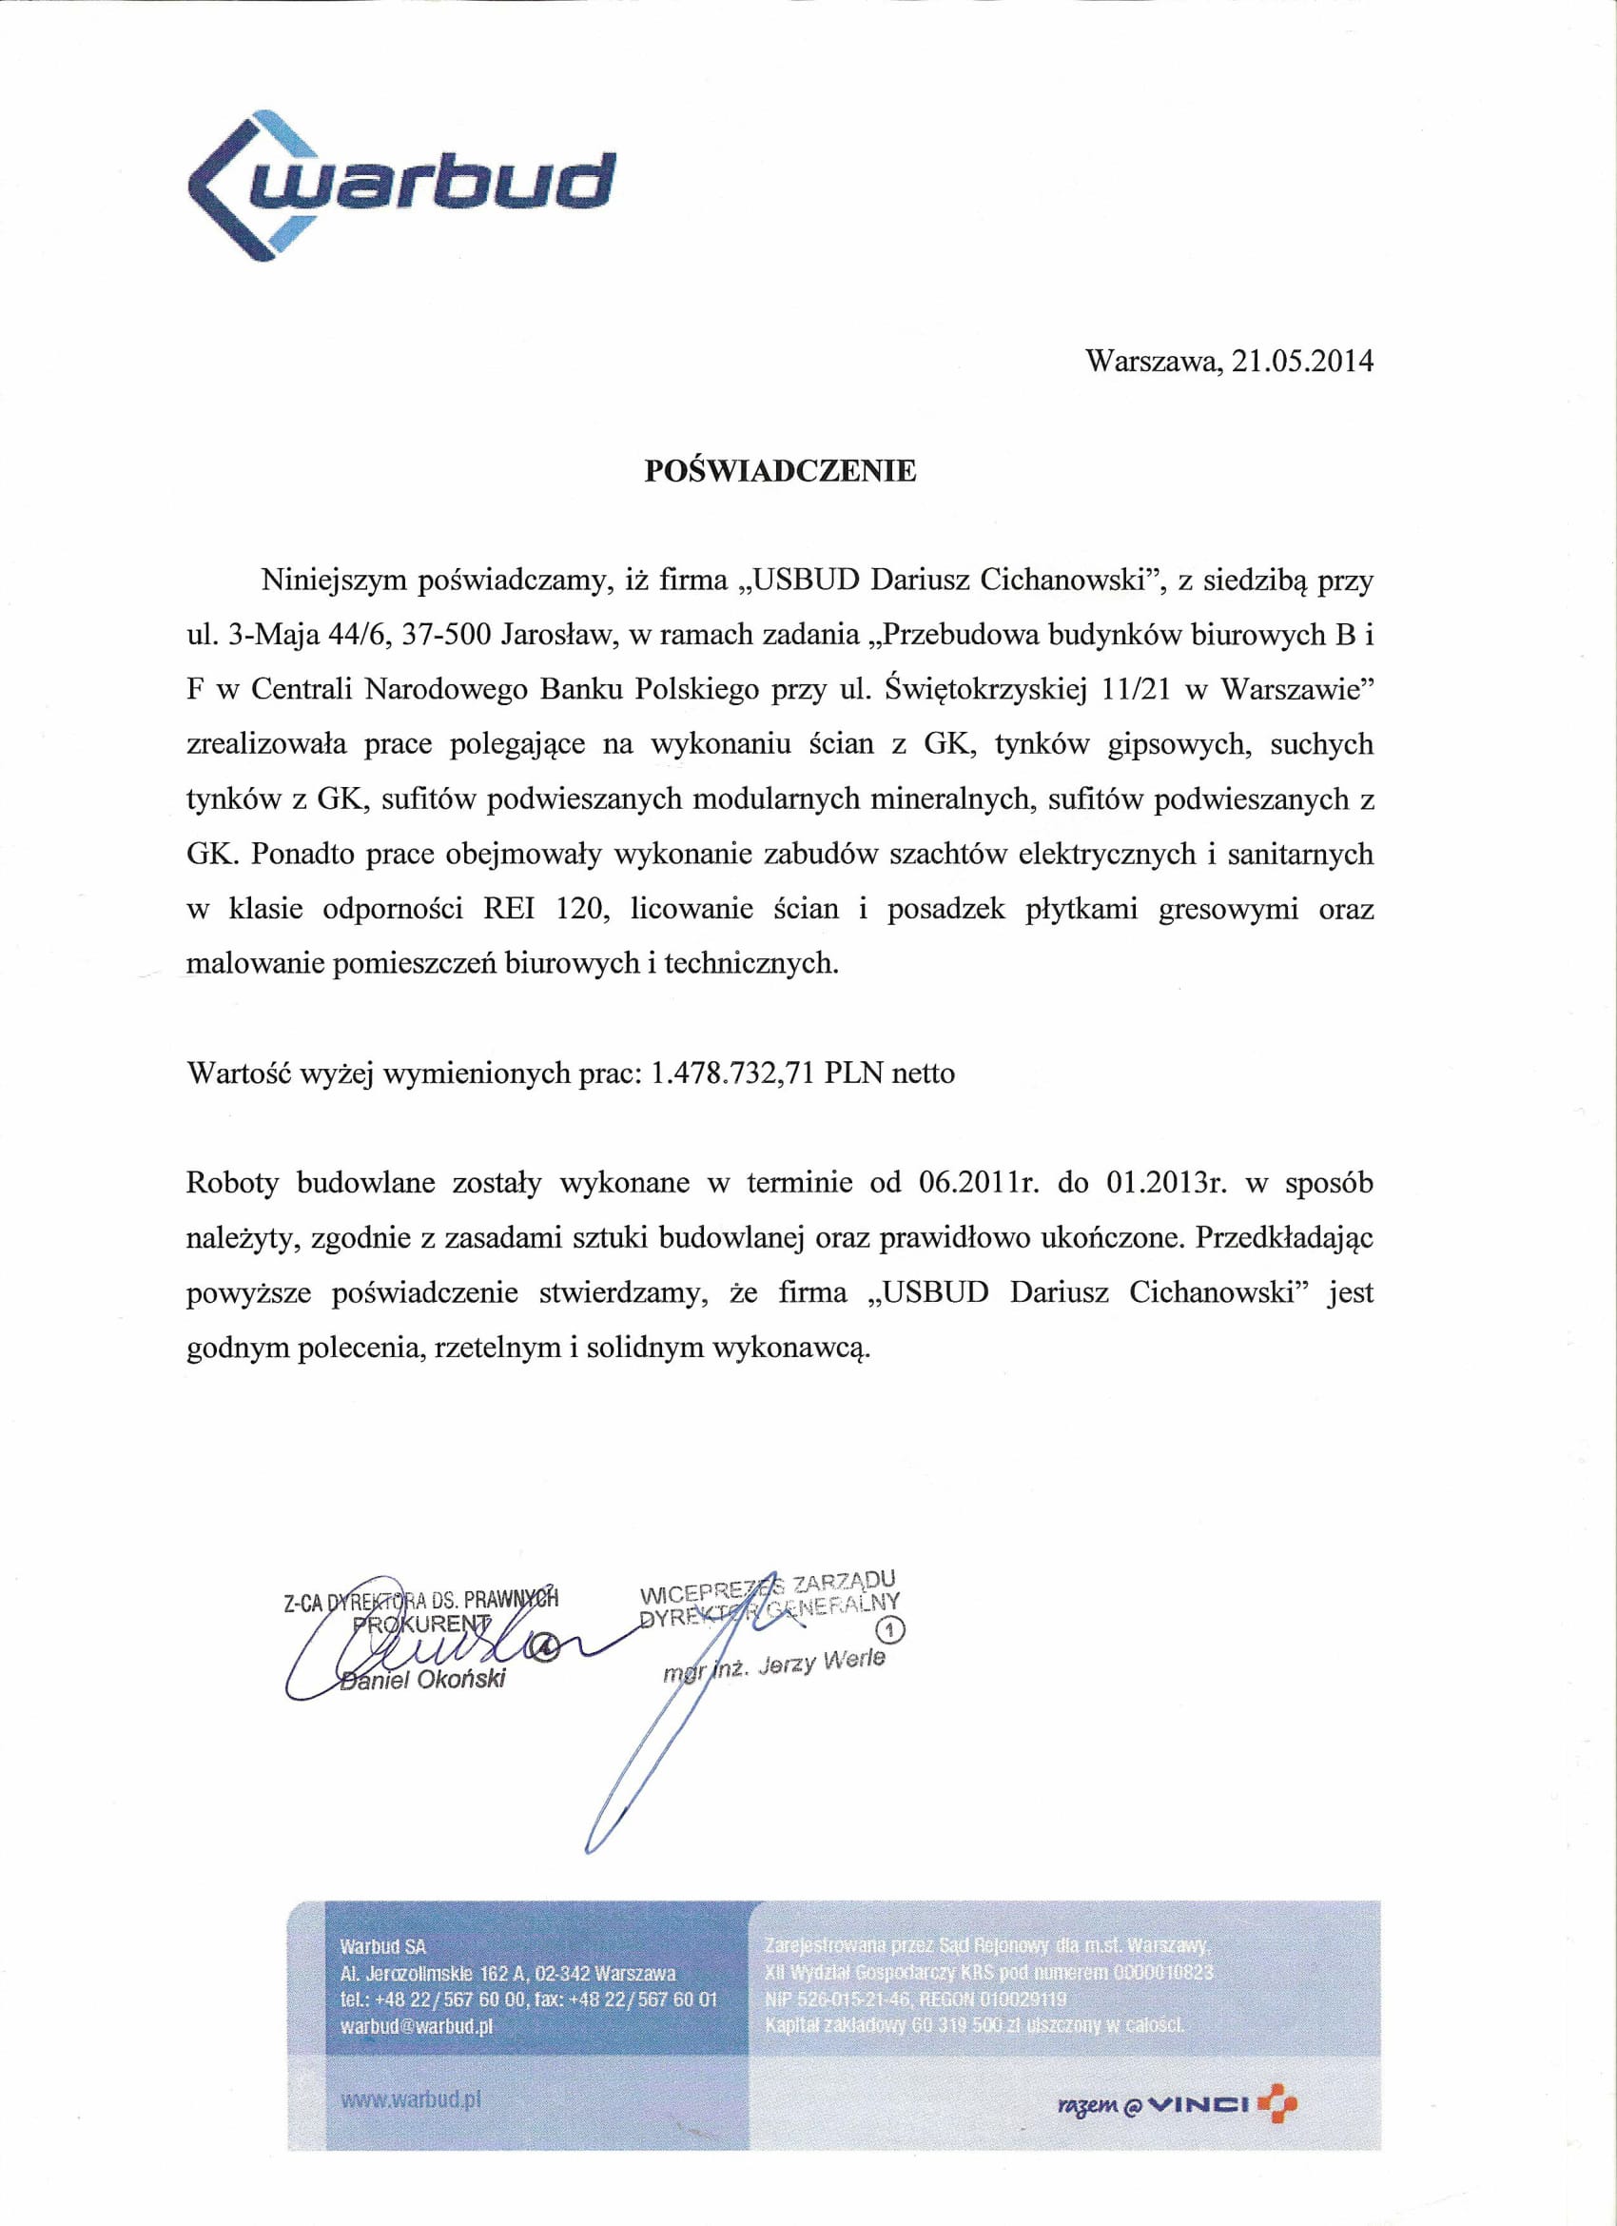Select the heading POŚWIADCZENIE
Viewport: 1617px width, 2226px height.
coord(780,471)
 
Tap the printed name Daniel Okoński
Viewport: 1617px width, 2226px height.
coord(422,1680)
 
